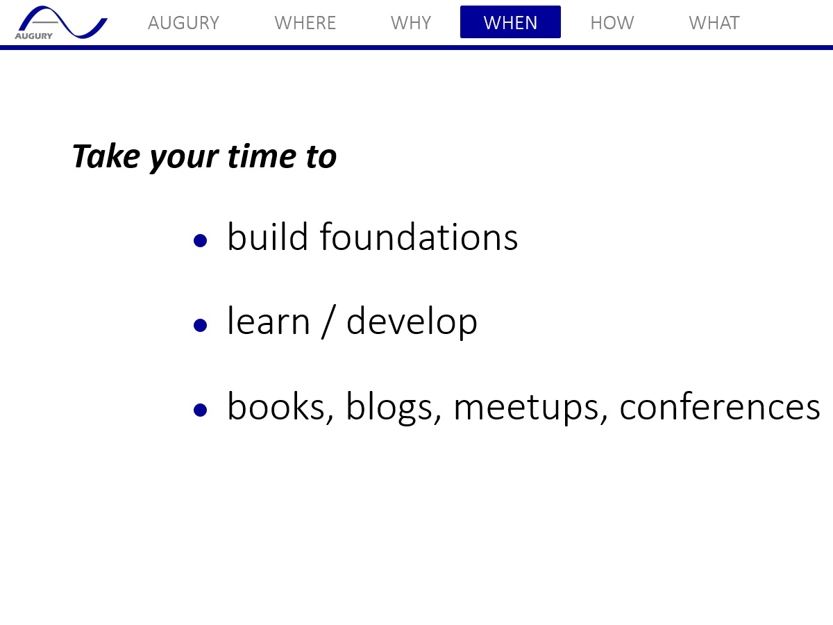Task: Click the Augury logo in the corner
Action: point(60,22)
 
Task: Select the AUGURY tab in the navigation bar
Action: point(184,23)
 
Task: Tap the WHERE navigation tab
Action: point(305,23)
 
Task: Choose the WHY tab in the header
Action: point(411,23)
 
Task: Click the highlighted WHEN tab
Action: point(510,22)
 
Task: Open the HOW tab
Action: point(612,23)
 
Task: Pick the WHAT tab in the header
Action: point(714,23)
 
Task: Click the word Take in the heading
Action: point(106,156)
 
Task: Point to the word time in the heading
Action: point(262,156)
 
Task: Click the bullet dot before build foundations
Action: point(200,240)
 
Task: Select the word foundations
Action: point(419,237)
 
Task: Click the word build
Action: point(267,237)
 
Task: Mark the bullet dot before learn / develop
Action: point(200,325)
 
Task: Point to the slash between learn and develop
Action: point(328,322)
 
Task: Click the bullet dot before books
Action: point(200,410)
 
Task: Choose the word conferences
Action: point(720,406)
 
